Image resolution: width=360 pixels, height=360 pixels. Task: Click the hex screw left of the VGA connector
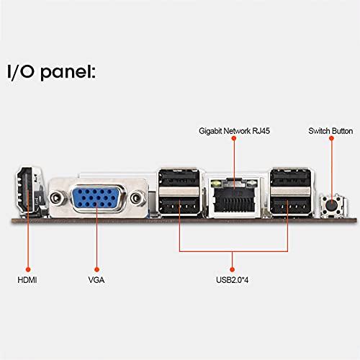pos(54,197)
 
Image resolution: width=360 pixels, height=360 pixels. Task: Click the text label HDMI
pos(27,277)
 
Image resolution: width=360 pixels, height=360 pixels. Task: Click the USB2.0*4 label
pos(235,277)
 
